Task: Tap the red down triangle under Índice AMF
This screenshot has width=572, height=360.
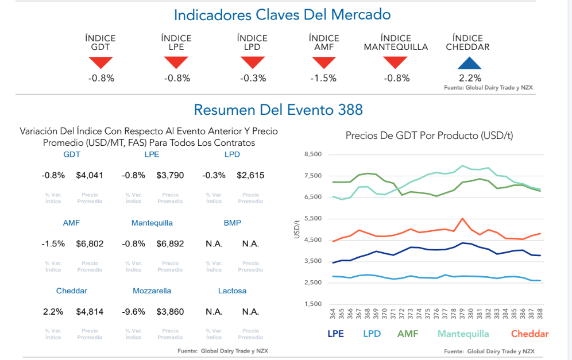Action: [323, 63]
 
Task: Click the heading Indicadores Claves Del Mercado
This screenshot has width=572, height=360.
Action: [283, 14]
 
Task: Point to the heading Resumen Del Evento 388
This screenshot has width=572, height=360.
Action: [278, 110]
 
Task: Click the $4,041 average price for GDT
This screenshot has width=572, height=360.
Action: [90, 175]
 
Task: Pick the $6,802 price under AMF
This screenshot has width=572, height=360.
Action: [90, 243]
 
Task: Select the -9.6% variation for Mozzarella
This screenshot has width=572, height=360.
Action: [134, 312]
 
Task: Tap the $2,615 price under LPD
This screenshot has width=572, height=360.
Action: [250, 175]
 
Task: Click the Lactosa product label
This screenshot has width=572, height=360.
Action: [232, 291]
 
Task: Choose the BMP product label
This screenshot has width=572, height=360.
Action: [232, 223]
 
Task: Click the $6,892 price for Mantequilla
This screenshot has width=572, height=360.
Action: [170, 243]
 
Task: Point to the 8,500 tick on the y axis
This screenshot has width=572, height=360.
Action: [314, 154]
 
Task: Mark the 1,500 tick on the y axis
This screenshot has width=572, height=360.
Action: [314, 304]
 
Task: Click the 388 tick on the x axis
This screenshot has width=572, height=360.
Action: [540, 313]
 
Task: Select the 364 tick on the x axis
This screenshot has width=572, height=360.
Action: [333, 313]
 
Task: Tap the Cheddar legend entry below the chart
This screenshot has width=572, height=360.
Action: [530, 334]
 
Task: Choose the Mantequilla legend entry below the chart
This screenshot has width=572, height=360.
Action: [463, 334]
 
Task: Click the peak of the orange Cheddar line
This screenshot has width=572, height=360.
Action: [462, 219]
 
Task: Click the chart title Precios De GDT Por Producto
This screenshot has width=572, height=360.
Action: [429, 136]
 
